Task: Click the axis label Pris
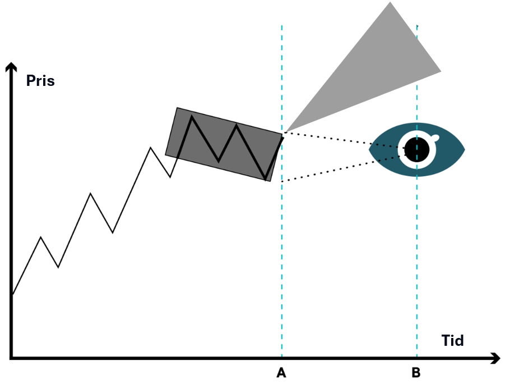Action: [x=40, y=80]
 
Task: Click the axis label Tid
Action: [x=452, y=340]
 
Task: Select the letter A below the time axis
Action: [x=281, y=372]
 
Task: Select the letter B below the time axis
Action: [x=416, y=372]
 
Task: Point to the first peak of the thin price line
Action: [x=40, y=237]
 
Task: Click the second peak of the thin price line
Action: [x=90, y=193]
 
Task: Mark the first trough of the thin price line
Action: [x=58, y=267]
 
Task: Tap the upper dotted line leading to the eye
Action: [x=342, y=140]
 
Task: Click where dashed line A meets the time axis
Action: [x=281, y=358]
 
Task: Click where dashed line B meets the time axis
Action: [x=416, y=358]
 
